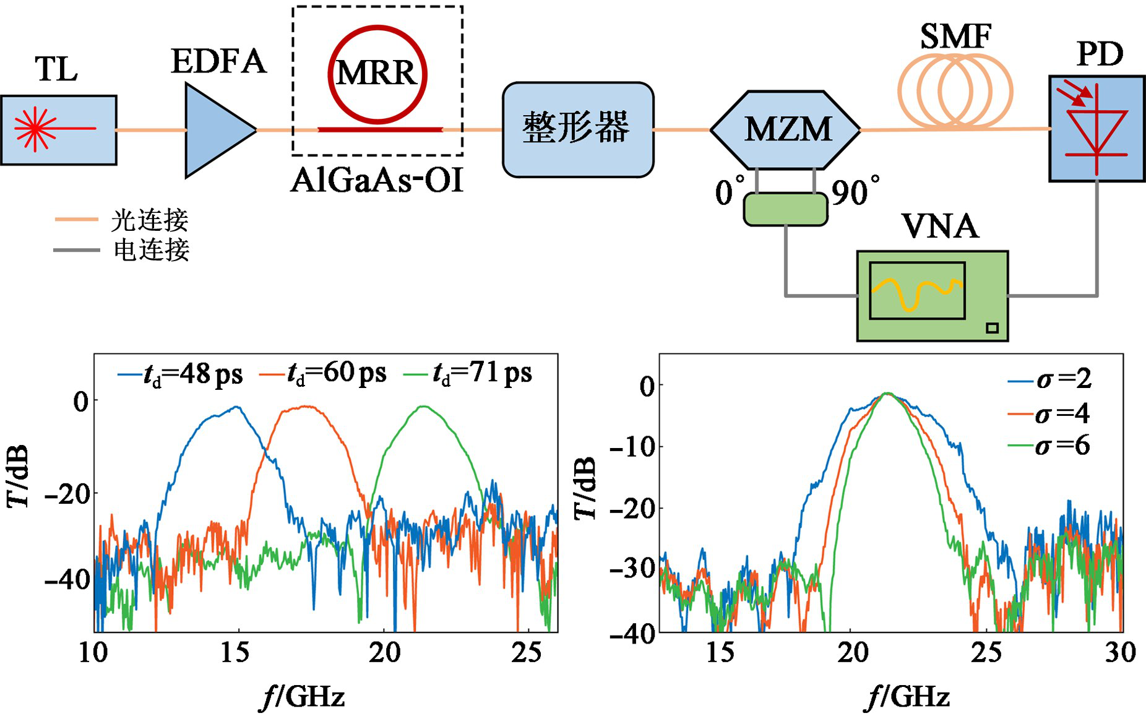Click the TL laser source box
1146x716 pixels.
58,130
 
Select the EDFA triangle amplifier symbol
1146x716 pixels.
217,130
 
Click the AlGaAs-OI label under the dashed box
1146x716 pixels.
377,181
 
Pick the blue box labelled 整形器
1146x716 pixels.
577,129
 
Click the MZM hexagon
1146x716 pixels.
786,129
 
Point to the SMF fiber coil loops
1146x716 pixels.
955,91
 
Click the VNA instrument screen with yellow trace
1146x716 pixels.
916,290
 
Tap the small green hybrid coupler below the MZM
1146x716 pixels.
785,209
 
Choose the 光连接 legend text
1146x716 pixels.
150,220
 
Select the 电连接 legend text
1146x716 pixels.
151,250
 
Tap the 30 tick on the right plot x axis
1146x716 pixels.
1119,652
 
